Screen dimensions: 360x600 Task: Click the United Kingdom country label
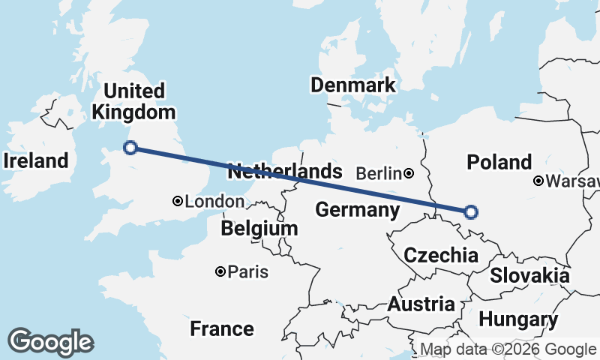click(133, 102)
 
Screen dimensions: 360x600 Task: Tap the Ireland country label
click(35, 160)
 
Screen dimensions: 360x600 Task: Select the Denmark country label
click(353, 85)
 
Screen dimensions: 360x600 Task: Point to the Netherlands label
click(284, 171)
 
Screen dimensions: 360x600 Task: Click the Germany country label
click(356, 210)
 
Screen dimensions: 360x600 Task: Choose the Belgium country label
click(259, 229)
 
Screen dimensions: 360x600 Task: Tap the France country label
click(221, 328)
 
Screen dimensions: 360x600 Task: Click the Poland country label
click(499, 162)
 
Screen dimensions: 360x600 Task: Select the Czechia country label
click(440, 255)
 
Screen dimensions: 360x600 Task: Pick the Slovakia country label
click(529, 275)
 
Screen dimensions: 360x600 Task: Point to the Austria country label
click(421, 304)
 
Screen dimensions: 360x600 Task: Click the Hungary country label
click(518, 320)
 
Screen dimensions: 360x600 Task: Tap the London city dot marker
click(178, 201)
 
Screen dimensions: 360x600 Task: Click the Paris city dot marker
click(220, 271)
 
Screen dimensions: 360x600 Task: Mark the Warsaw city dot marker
click(538, 181)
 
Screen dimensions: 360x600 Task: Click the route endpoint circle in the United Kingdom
click(130, 148)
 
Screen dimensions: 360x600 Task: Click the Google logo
click(50, 342)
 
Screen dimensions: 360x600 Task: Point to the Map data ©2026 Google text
click(508, 349)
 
